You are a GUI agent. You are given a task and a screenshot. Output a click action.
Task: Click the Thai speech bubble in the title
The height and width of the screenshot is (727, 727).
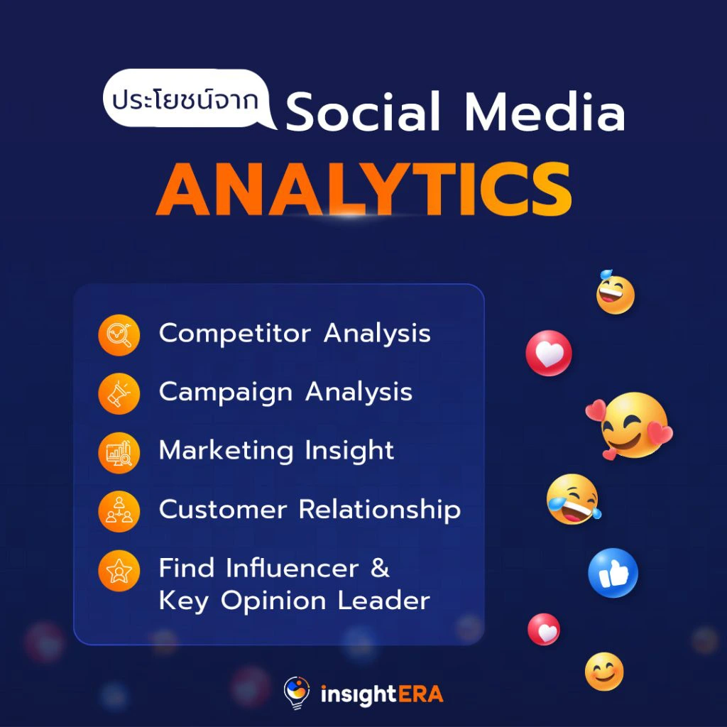(187, 99)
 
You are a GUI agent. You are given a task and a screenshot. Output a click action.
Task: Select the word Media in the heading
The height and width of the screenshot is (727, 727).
(545, 111)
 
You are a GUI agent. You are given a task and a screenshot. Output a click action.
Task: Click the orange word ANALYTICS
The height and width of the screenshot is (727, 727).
(363, 189)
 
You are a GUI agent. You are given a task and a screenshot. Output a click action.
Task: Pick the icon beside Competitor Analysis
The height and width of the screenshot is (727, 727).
(119, 335)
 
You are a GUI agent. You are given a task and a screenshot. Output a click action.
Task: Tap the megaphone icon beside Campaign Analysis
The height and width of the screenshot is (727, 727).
(119, 393)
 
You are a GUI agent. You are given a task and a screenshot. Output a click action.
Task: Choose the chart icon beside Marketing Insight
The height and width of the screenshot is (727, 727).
(119, 452)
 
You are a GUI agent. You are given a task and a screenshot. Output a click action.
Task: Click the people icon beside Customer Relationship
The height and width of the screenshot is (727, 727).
(119, 511)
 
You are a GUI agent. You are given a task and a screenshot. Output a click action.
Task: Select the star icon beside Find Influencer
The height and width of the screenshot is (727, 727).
(119, 570)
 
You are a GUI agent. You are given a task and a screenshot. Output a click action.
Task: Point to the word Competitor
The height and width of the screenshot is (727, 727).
(234, 334)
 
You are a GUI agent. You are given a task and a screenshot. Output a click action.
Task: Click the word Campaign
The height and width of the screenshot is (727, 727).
(225, 393)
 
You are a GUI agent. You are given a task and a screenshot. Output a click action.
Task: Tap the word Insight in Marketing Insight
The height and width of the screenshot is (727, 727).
(349, 451)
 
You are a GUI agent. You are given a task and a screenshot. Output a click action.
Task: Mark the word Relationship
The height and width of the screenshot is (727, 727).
(380, 510)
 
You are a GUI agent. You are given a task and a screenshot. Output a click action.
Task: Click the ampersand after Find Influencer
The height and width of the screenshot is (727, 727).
(380, 569)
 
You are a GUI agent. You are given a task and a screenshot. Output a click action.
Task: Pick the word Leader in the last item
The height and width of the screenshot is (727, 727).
(384, 601)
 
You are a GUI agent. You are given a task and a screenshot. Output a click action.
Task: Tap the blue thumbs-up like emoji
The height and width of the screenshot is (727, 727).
(613, 573)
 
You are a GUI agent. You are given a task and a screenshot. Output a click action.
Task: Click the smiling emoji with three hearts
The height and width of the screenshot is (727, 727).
(630, 427)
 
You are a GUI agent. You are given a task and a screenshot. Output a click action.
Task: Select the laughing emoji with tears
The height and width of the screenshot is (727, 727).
(574, 499)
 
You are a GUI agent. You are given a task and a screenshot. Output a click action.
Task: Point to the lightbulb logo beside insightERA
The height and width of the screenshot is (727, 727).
(296, 692)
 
